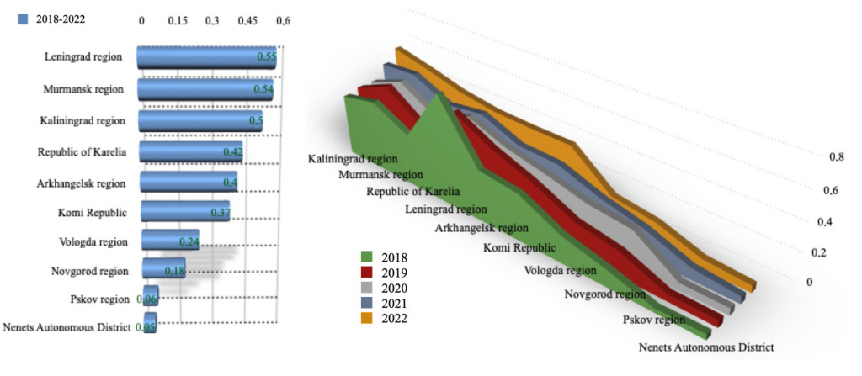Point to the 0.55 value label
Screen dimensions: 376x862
267,57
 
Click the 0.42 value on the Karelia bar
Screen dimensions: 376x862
233,152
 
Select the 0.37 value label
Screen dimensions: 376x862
220,213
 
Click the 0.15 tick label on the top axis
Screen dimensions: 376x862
178,19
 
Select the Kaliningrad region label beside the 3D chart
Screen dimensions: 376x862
353,158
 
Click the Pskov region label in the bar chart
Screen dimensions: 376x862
99,299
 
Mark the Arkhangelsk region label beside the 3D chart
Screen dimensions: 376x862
482,227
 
